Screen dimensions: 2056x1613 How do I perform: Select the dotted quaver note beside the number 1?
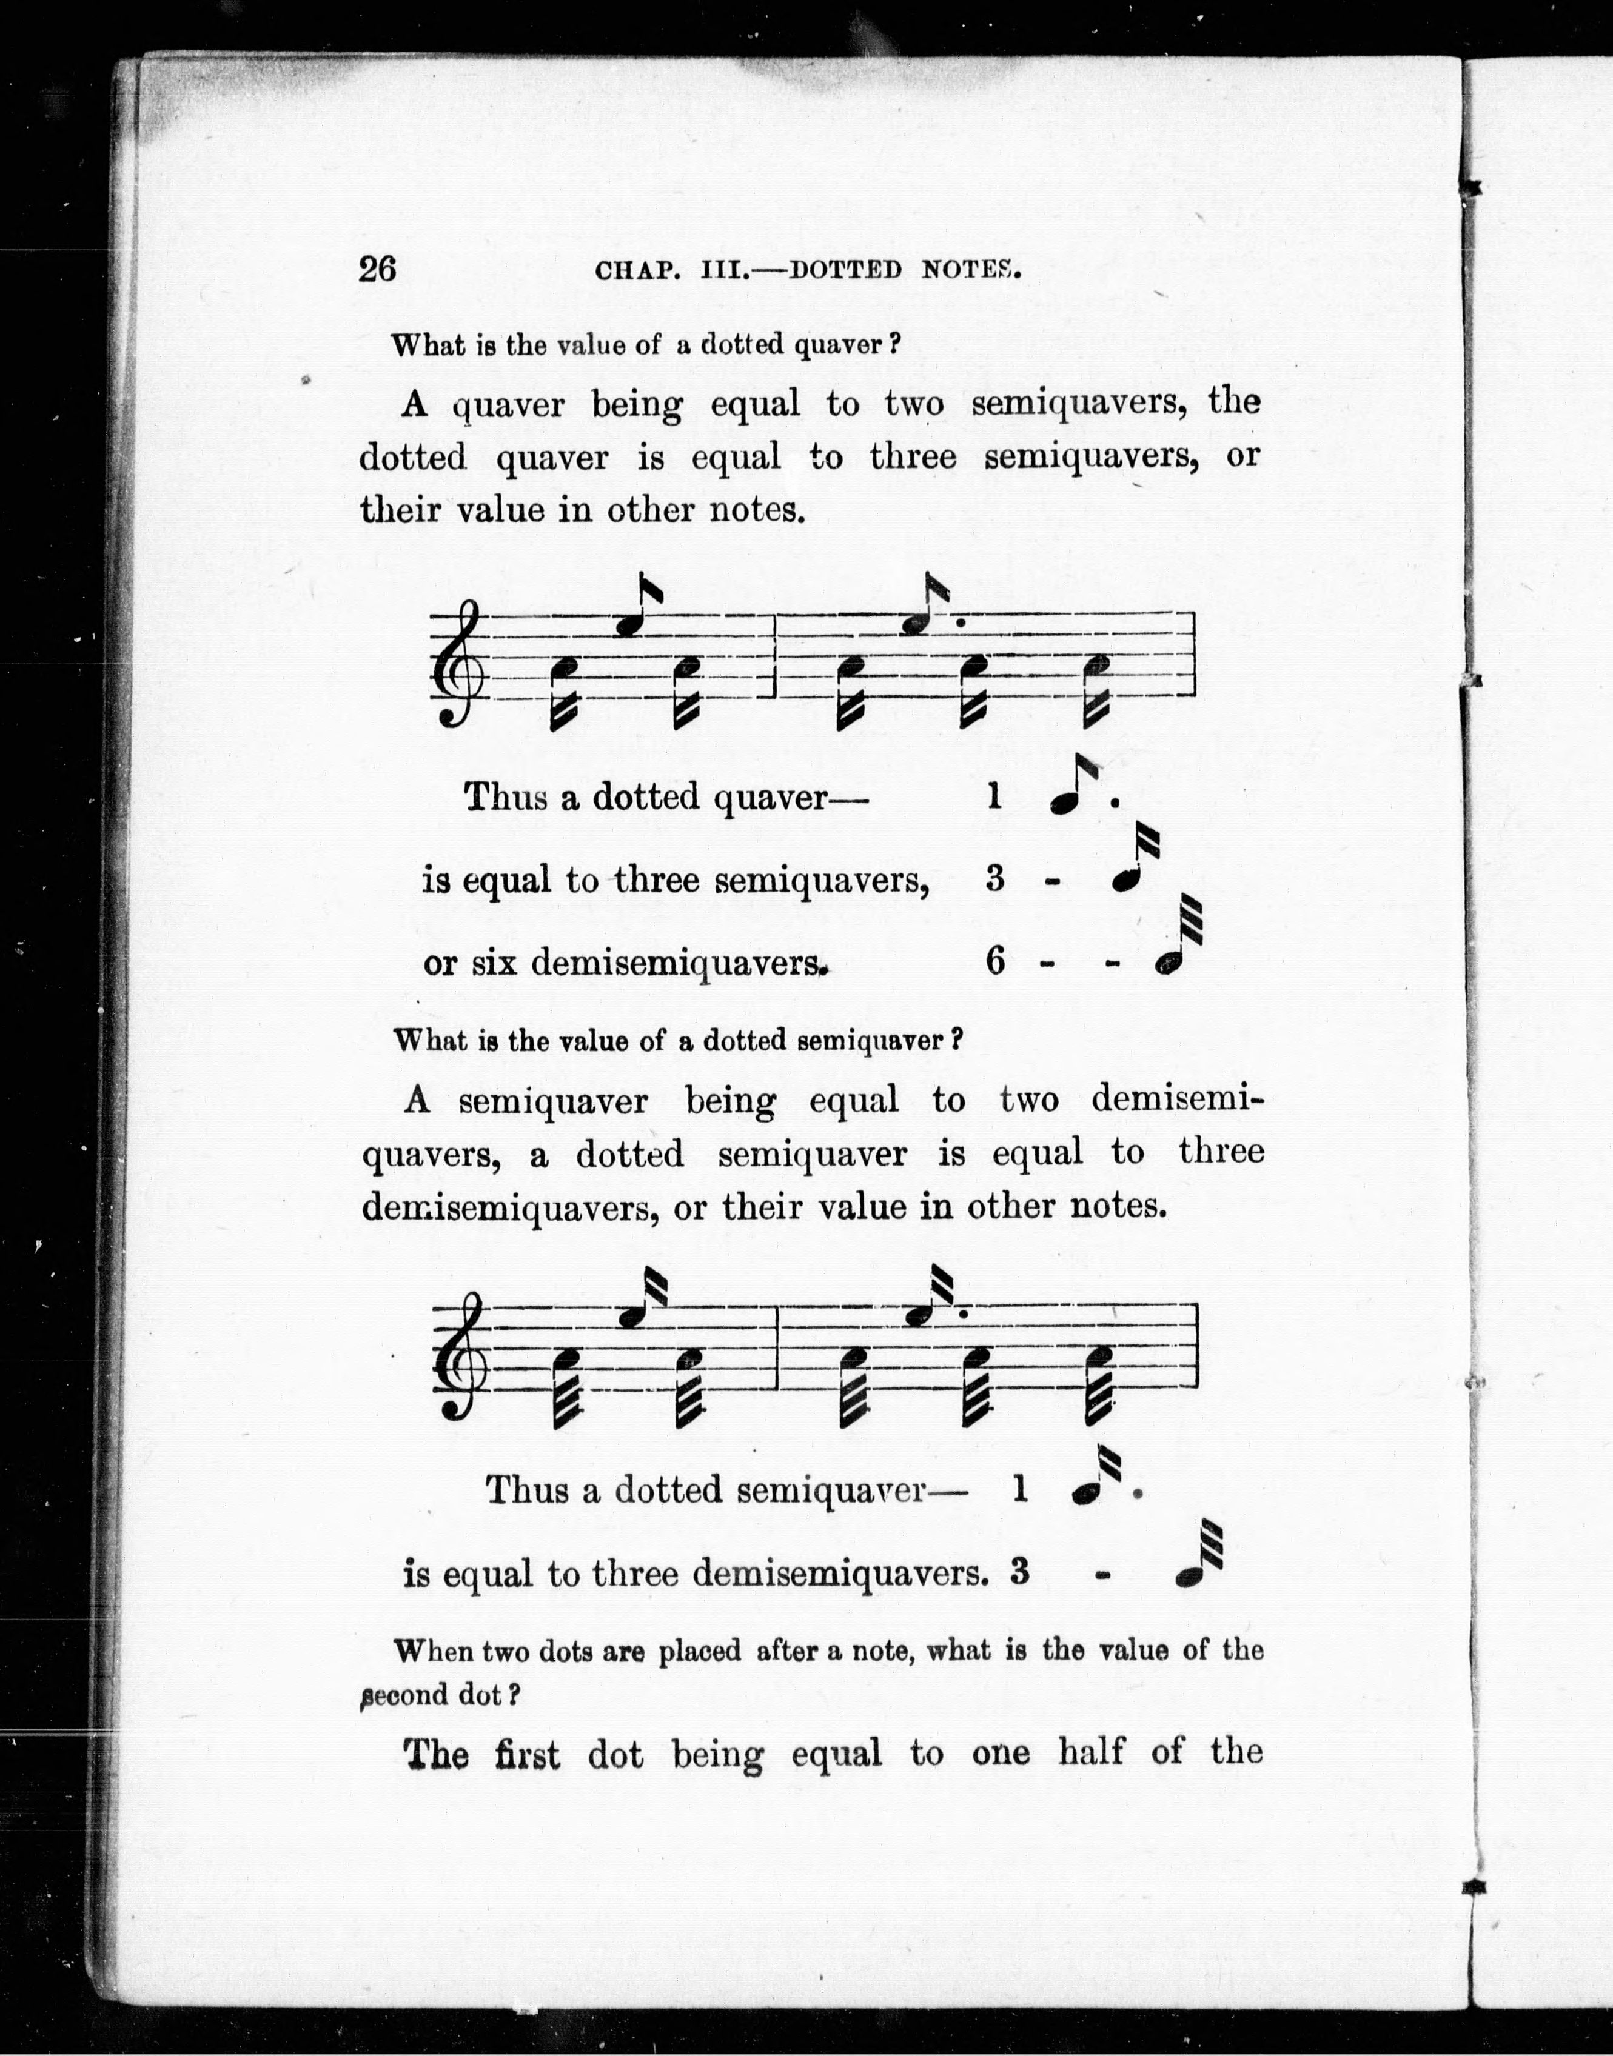[1074, 791]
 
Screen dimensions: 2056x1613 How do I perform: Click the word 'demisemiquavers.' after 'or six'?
[678, 964]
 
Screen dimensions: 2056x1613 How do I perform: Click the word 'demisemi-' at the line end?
[1176, 1100]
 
